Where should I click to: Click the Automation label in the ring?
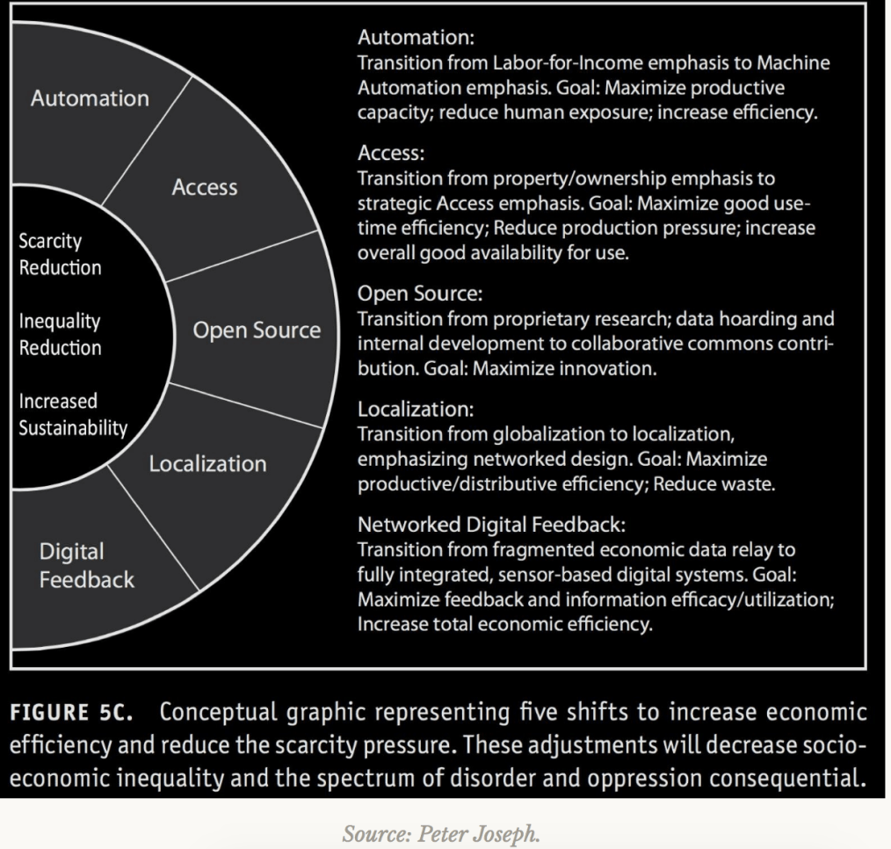[90, 98]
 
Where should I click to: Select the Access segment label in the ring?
[205, 187]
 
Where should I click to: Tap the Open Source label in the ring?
[257, 331]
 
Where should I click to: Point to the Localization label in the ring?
[207, 463]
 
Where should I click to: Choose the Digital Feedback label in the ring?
[86, 566]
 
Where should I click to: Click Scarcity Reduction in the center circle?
[60, 254]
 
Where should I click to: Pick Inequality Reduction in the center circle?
[60, 335]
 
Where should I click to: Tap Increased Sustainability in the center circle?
[73, 416]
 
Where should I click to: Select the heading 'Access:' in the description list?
[390, 154]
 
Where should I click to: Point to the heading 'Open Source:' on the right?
[409, 294]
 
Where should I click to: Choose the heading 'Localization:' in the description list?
[409, 409]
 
